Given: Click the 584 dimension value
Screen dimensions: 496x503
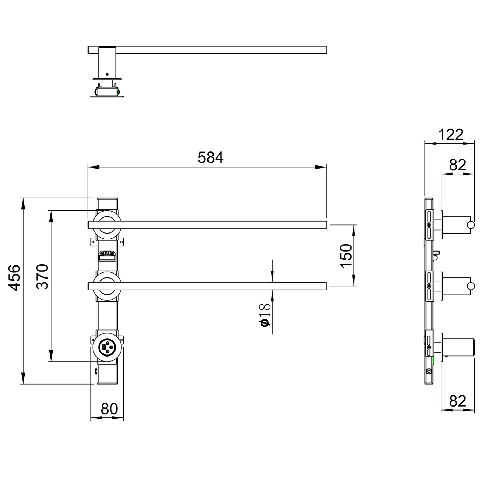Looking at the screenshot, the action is [210, 158].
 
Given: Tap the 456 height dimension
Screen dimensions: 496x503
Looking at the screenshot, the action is [14, 277].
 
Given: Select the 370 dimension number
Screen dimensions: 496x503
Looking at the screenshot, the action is [42, 276].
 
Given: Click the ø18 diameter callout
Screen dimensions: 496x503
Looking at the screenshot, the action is [265, 315].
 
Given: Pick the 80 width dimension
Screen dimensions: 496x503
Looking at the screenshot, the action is [109, 409].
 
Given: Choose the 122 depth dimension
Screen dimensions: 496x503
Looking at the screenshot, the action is [451, 135].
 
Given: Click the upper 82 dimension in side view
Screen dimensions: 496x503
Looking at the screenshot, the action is [458, 165].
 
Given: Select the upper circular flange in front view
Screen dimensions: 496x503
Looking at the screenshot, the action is [107, 224].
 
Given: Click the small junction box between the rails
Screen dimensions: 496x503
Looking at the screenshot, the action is [107, 255].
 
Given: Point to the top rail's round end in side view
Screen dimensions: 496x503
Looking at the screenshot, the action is [471, 225].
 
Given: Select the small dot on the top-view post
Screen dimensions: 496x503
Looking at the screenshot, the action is [107, 74].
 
